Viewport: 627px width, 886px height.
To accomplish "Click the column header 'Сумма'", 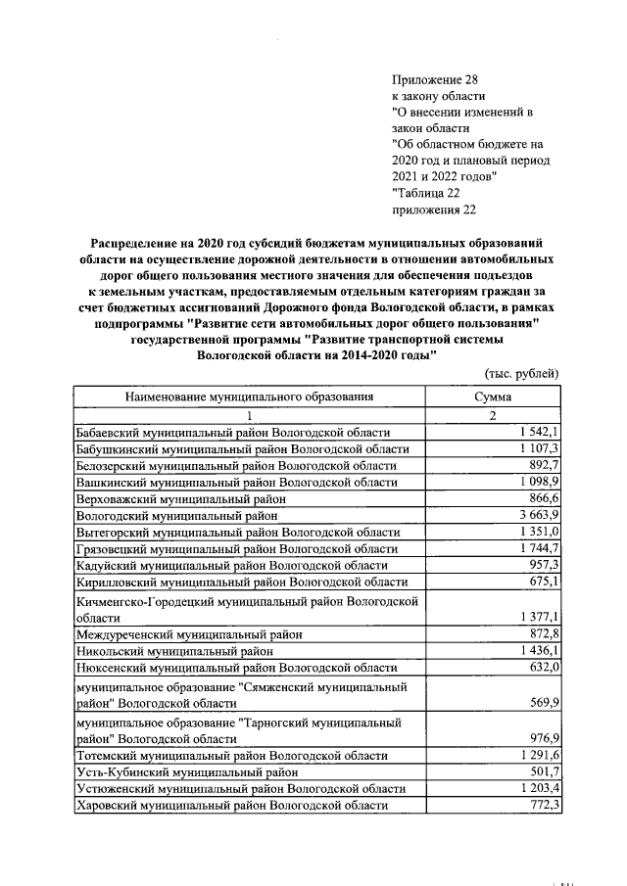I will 494,396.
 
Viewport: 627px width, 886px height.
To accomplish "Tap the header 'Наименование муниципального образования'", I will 249,396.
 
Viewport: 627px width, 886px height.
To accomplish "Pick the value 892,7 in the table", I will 543,465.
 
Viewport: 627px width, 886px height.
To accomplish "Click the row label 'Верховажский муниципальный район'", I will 180,498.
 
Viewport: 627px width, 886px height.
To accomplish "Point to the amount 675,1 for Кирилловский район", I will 543,582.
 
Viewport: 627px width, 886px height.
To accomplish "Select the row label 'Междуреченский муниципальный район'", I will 189,634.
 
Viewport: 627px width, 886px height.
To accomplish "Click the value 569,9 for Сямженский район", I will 543,704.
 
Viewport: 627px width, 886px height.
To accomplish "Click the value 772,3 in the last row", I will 543,805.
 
